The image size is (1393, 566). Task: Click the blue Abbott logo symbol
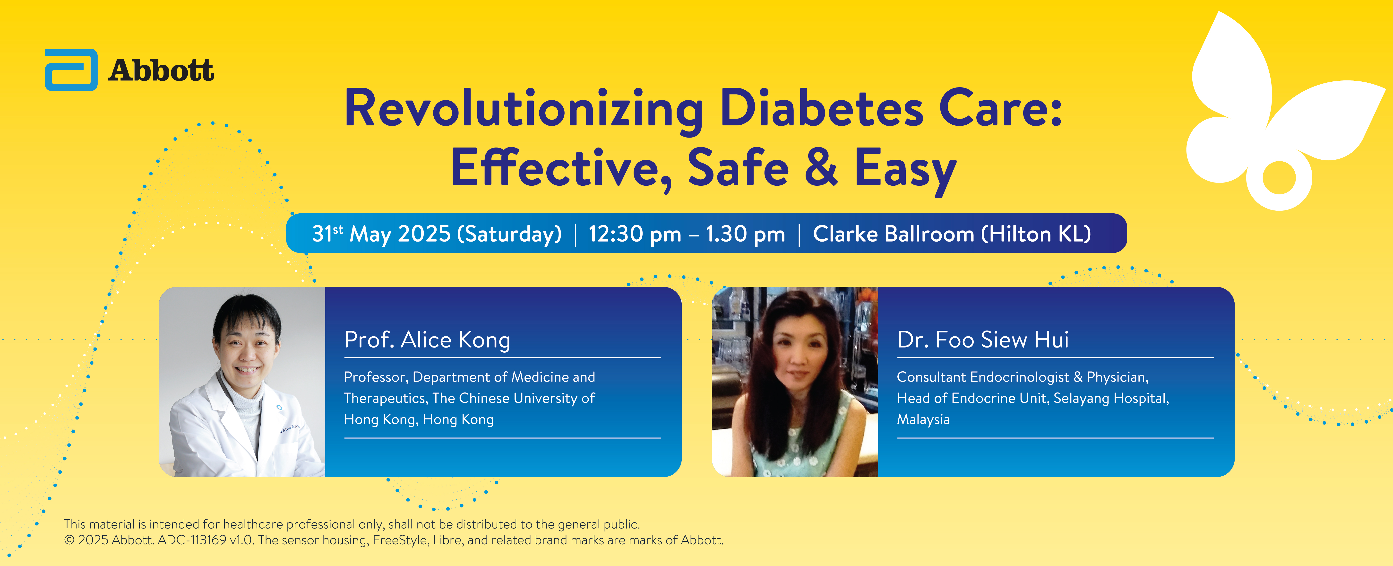pyautogui.click(x=71, y=70)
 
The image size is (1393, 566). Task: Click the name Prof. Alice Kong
pyautogui.click(x=427, y=340)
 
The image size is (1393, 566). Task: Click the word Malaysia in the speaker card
pyautogui.click(x=923, y=419)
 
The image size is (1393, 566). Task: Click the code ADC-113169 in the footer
pyautogui.click(x=192, y=540)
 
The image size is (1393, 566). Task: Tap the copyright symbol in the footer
pyautogui.click(x=69, y=540)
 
